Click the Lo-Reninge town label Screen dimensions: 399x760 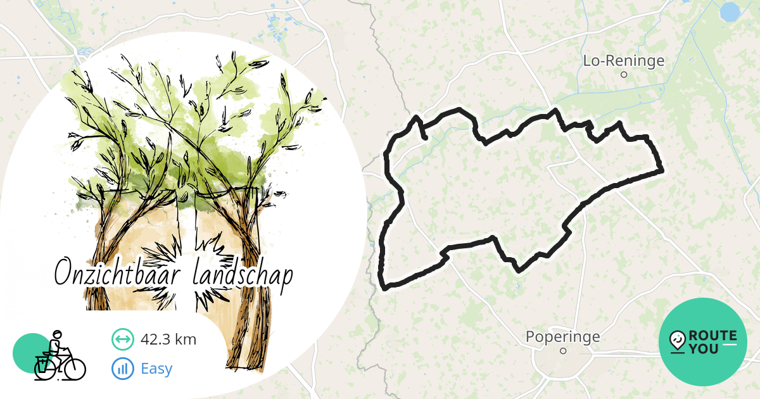pyautogui.click(x=623, y=61)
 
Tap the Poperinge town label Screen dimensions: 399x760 pyautogui.click(x=562, y=337)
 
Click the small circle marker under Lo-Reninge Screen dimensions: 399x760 pyautogui.click(x=623, y=75)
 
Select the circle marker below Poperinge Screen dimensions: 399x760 pyautogui.click(x=562, y=351)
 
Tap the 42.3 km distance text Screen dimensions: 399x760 pyautogui.click(x=168, y=339)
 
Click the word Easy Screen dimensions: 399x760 pyautogui.click(x=156, y=368)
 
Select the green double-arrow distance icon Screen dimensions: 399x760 pyautogui.click(x=122, y=339)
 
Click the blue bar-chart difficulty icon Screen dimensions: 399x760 pyautogui.click(x=122, y=368)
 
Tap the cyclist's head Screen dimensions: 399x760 pyautogui.click(x=57, y=335)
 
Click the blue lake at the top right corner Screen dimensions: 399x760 pyautogui.click(x=730, y=11)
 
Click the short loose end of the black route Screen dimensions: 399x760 pyautogui.click(x=423, y=135)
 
